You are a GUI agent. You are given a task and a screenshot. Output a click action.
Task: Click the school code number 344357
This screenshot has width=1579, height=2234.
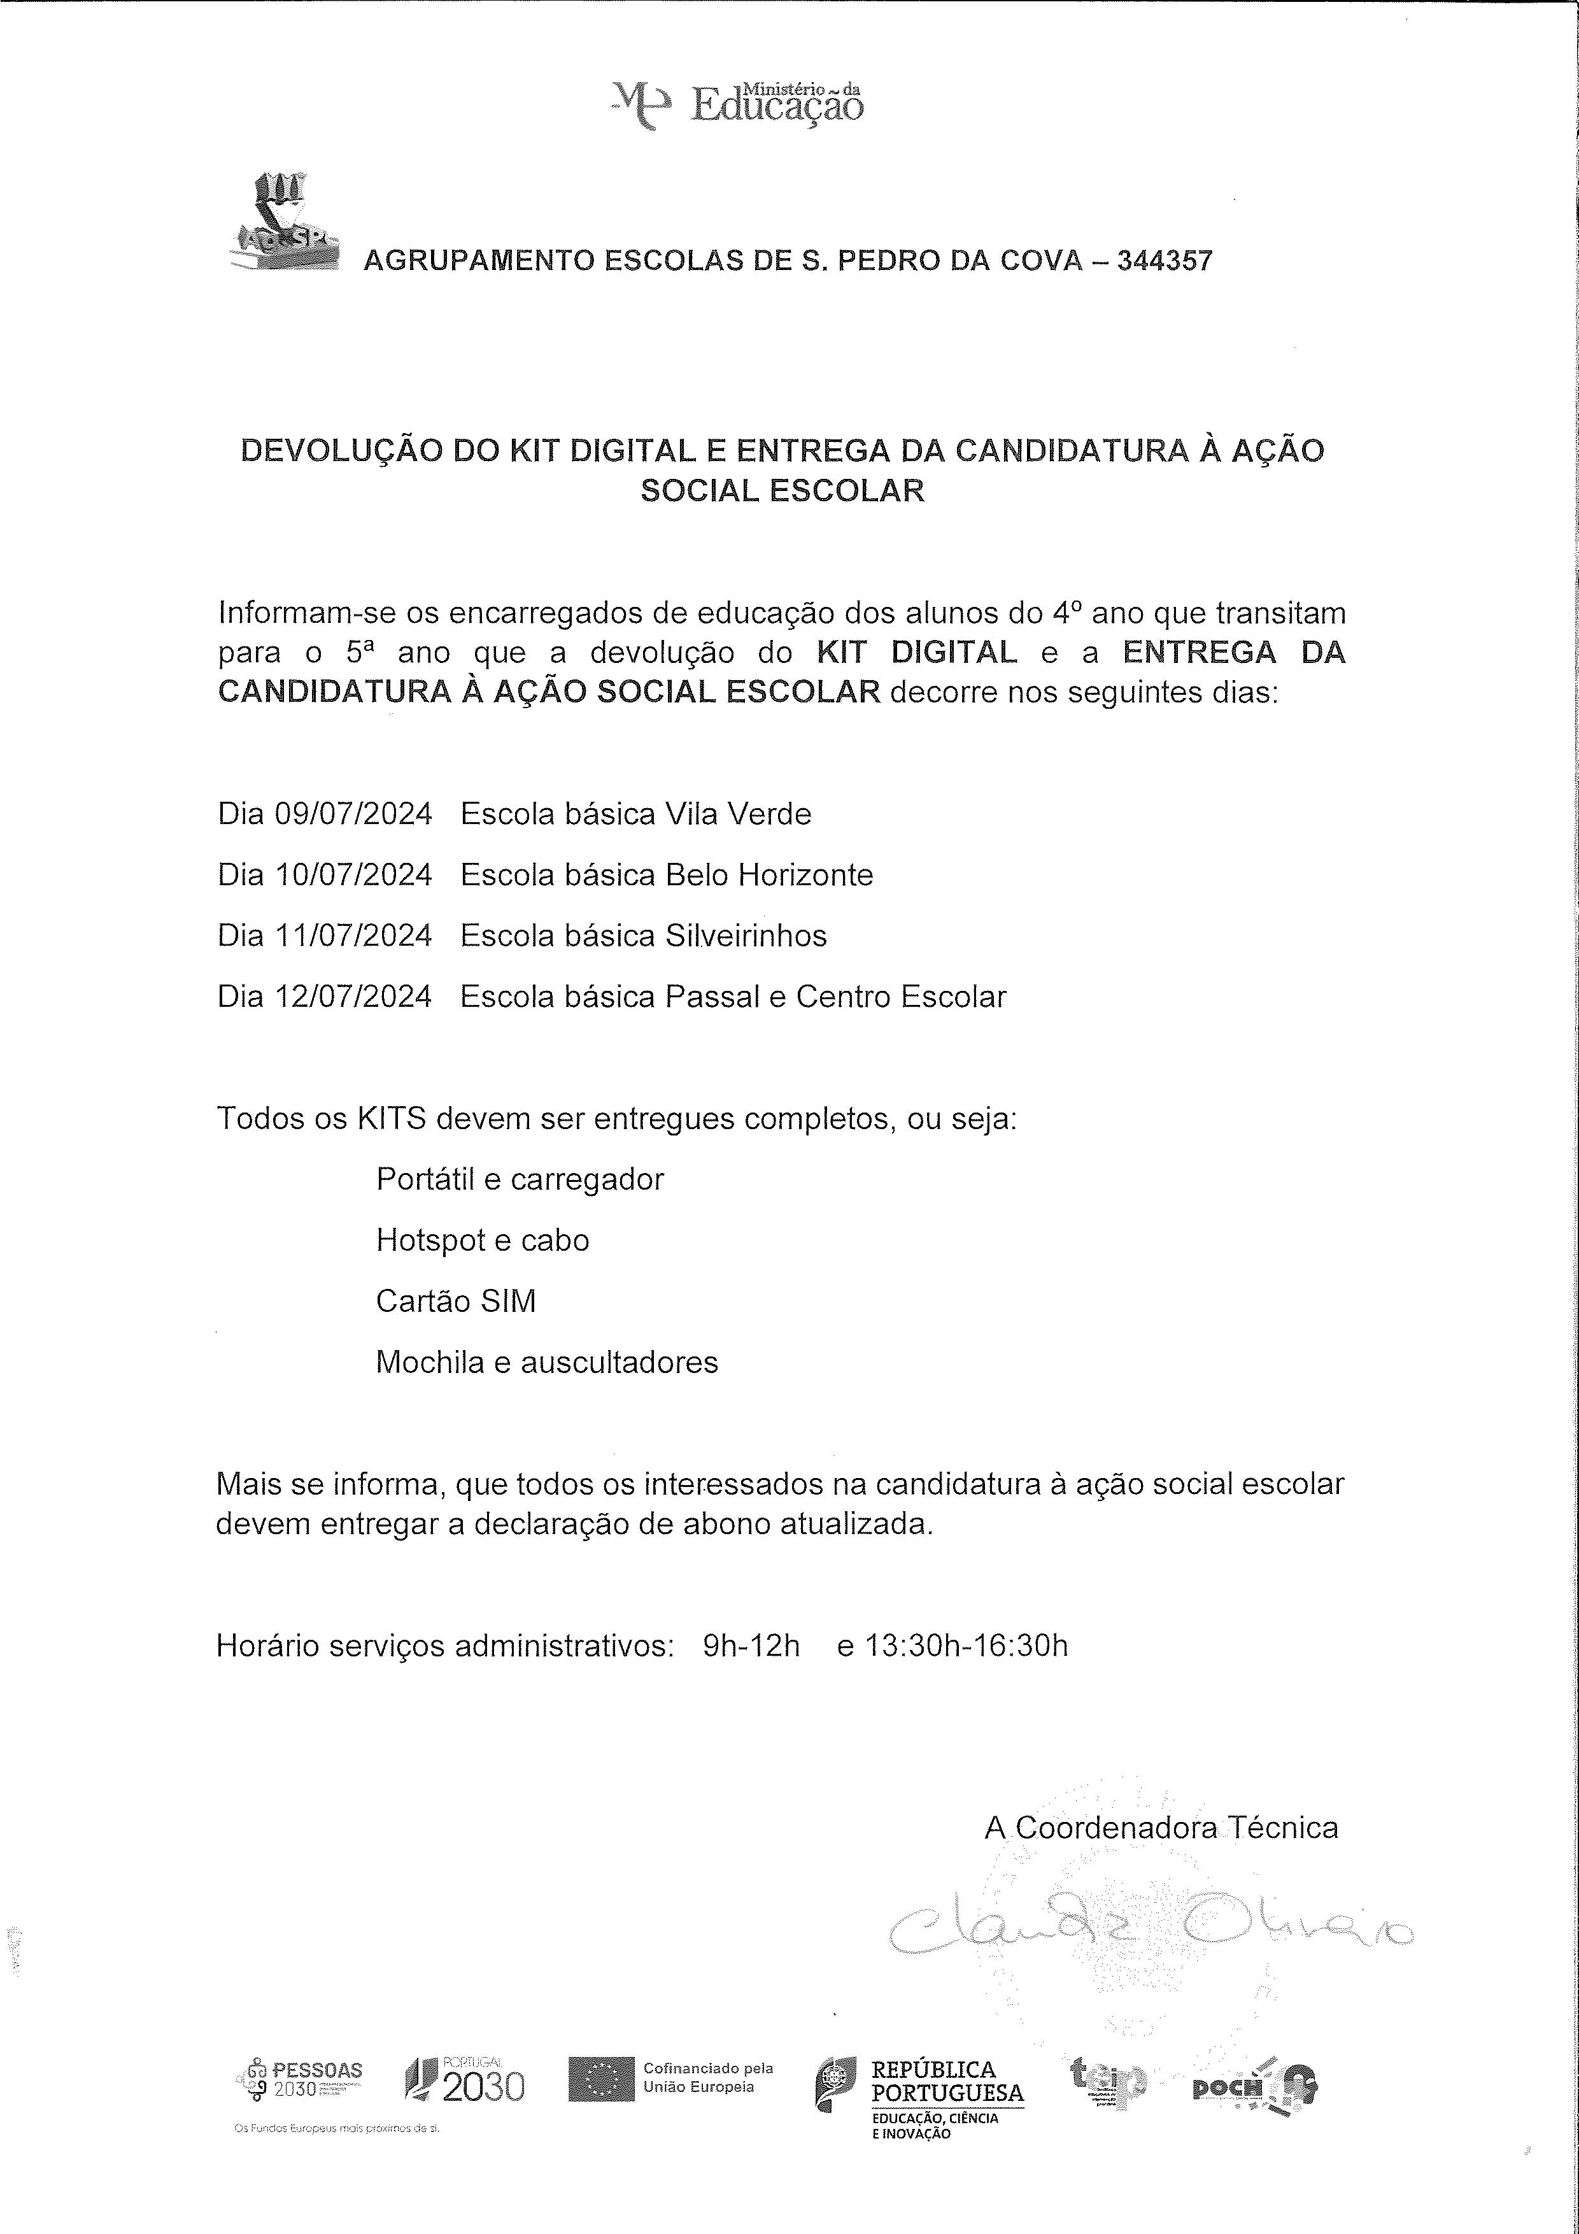(x=1165, y=260)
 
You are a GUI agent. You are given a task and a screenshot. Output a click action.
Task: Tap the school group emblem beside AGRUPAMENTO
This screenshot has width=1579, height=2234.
(x=284, y=221)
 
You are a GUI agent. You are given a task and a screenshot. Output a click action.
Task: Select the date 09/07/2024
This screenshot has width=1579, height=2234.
(x=353, y=813)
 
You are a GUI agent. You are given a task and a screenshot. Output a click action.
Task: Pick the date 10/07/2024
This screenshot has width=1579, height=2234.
(x=353, y=875)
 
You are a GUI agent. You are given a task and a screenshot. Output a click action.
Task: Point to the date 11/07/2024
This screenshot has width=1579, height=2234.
(x=353, y=935)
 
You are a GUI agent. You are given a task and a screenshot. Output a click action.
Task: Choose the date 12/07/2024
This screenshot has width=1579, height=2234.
(x=353, y=997)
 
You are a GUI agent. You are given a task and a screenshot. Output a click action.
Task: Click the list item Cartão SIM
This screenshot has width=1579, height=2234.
(x=455, y=1301)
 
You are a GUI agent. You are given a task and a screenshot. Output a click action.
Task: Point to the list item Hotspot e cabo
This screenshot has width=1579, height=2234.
(x=483, y=1241)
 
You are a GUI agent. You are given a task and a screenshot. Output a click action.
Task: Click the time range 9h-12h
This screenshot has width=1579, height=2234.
(x=751, y=1646)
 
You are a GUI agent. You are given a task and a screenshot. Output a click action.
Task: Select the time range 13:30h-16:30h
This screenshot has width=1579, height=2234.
(x=966, y=1646)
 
